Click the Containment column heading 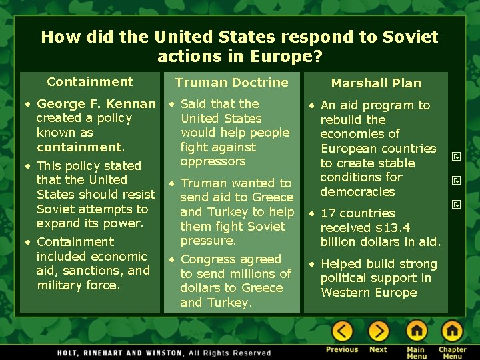point(90,82)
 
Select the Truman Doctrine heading point(231,83)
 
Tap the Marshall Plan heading point(376,83)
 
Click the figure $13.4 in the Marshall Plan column point(394,227)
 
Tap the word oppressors point(213,161)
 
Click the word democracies point(357,192)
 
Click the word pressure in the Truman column point(208,241)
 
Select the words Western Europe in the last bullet point(369,293)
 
